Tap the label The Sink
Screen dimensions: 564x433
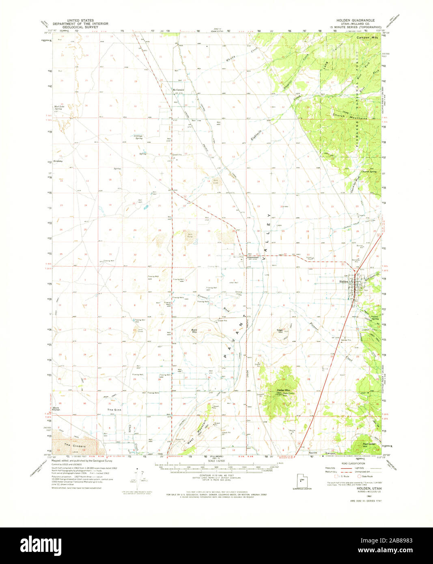114,410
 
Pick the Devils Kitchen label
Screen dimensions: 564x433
56,409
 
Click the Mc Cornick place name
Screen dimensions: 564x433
178,90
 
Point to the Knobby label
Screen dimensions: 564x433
57,161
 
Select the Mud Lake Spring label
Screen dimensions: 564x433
59,108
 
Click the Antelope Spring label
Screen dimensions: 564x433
138,137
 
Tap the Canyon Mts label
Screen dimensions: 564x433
367,38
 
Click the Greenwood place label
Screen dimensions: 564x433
253,257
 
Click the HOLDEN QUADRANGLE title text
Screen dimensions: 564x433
355,20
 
